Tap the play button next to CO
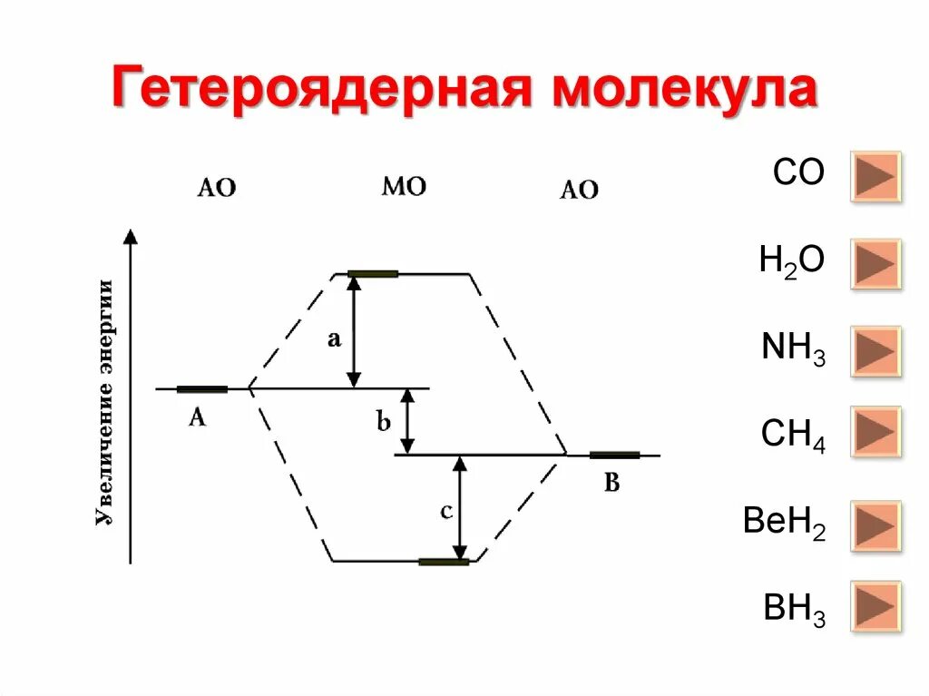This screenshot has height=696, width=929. [875, 176]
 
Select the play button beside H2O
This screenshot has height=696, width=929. [875, 263]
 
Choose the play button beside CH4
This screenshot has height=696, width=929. [875, 432]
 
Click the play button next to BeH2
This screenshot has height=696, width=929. [875, 525]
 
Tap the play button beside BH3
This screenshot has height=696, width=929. [875, 605]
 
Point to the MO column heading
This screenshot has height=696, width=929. [404, 187]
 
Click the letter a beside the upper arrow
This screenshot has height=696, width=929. [333, 339]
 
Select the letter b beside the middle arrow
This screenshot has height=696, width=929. [383, 421]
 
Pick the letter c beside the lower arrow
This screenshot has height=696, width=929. [445, 512]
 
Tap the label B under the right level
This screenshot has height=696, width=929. [611, 483]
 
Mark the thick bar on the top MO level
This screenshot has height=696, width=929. [373, 273]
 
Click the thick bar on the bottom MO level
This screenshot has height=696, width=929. [444, 562]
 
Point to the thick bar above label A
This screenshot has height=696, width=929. [202, 389]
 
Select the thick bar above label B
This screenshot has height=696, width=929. [614, 455]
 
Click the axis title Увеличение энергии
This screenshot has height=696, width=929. [106, 403]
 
